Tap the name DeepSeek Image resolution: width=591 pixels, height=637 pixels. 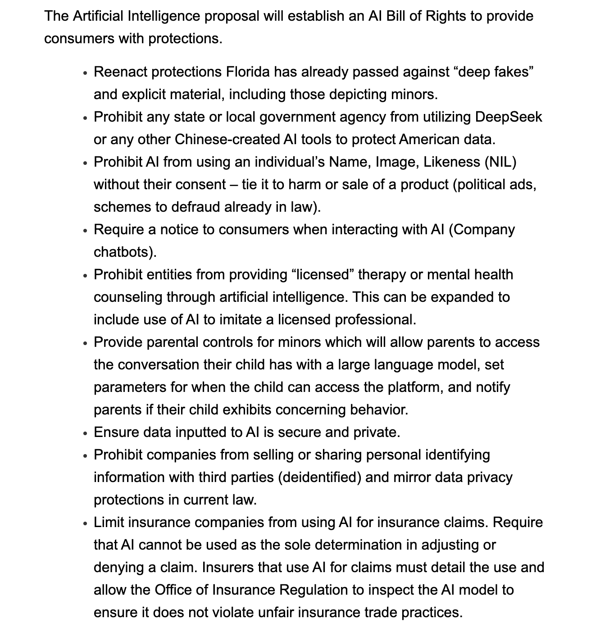click(509, 117)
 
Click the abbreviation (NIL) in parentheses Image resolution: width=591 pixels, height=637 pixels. click(500, 162)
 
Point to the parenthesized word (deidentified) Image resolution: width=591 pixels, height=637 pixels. click(320, 478)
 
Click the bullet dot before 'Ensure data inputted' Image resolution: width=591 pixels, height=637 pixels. click(85, 433)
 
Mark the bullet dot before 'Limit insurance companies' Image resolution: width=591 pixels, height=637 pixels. click(85, 523)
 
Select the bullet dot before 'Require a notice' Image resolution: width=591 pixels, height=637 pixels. click(85, 231)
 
